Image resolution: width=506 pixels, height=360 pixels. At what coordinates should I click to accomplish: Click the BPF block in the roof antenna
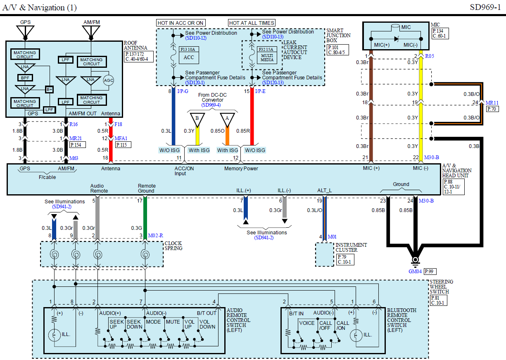(x=25, y=78)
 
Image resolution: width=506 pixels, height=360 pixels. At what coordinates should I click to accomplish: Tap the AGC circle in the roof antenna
(x=108, y=80)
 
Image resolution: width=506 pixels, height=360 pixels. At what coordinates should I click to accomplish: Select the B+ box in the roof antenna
(x=50, y=90)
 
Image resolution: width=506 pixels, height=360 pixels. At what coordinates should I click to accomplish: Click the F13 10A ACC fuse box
(x=189, y=55)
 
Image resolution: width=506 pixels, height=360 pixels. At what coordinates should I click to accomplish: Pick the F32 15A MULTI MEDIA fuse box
(x=267, y=55)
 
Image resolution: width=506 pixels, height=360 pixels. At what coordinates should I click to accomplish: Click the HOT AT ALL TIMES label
(x=252, y=23)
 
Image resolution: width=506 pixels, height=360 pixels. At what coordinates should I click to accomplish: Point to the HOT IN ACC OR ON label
(x=181, y=23)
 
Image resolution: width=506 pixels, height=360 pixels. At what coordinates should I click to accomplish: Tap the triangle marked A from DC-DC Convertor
(x=227, y=119)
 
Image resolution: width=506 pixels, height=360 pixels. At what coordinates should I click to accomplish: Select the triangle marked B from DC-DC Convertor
(x=197, y=119)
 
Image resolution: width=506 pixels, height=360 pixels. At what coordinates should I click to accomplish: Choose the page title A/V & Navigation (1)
(x=40, y=8)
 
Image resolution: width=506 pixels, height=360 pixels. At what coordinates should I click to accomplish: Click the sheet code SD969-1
(x=485, y=7)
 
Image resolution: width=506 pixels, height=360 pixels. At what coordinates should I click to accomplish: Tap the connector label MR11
(x=492, y=103)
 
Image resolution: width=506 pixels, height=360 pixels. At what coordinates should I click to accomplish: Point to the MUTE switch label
(x=173, y=322)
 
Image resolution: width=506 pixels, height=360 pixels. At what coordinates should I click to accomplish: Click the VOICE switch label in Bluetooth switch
(x=307, y=323)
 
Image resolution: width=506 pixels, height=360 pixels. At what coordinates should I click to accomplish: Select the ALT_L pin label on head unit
(x=324, y=190)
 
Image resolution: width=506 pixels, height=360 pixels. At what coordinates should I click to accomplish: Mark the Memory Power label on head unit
(x=241, y=168)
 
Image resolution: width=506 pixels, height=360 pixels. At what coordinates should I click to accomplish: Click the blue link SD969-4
(x=211, y=105)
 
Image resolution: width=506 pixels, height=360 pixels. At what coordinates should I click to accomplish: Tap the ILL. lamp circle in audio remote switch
(x=54, y=335)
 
